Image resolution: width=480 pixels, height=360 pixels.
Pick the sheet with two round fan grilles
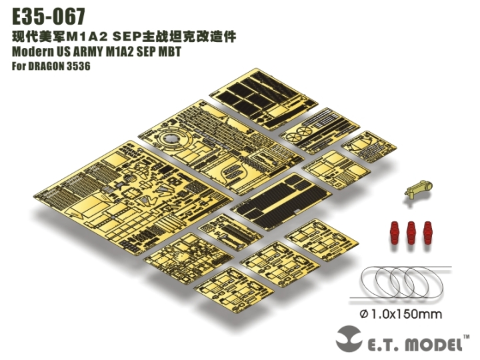(313, 131)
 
